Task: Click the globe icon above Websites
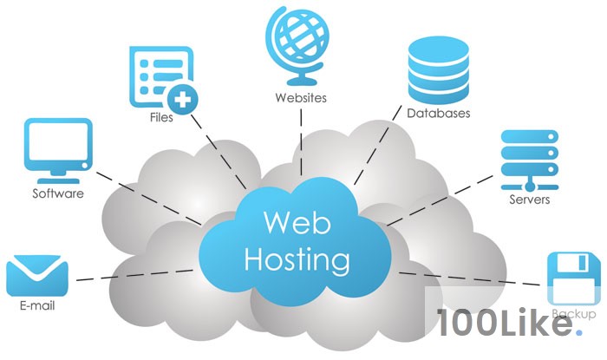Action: (298, 45)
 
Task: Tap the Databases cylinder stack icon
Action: (438, 69)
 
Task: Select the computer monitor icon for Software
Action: (58, 151)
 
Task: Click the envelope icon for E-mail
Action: (37, 275)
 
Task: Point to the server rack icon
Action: (530, 160)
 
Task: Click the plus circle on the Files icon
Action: (183, 100)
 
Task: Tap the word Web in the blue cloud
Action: (297, 223)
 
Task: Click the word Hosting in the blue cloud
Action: (297, 259)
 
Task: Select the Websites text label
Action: (301, 97)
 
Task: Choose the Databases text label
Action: (438, 113)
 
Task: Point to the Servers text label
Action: (529, 200)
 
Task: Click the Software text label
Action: (58, 193)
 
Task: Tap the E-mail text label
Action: (37, 305)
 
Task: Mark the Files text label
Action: (161, 117)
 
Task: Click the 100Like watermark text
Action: (506, 322)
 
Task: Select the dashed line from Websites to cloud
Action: (301, 142)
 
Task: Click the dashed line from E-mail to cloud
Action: (134, 275)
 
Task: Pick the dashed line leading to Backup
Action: (470, 279)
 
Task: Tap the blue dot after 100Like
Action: (578, 332)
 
